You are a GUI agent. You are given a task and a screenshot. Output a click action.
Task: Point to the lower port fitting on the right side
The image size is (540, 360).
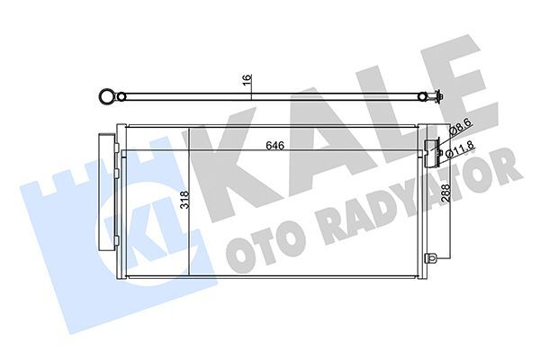coord(435,262)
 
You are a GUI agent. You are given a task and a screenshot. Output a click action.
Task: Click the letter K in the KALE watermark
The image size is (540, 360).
coord(225,171)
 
